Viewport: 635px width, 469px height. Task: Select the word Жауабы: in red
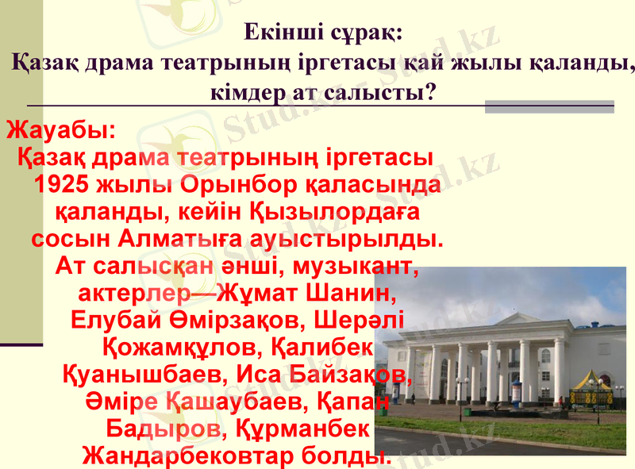pos(62,129)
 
